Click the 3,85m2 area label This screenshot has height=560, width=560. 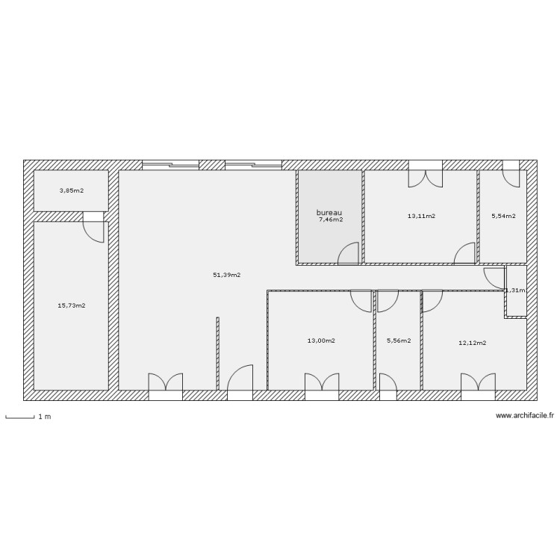72,190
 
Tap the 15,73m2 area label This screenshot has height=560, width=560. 72,305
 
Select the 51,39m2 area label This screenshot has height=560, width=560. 227,275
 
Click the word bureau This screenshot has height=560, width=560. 329,212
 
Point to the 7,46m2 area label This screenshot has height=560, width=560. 331,220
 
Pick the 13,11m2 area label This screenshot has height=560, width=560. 421,216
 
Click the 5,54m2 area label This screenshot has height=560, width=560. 503,216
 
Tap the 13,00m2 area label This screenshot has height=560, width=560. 321,340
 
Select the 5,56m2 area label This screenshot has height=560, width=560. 399,340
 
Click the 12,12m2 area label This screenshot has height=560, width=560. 472,343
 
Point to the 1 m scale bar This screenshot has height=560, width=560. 20,417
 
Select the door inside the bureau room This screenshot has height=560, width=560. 349,255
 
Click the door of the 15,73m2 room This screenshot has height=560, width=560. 94,228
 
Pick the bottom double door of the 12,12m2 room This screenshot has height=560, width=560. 479,382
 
